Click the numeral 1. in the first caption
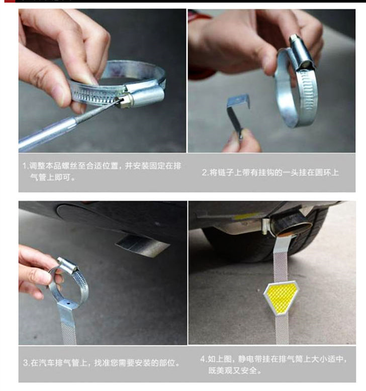pyautogui.click(x=26, y=166)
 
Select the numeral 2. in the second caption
pyautogui.click(x=205, y=173)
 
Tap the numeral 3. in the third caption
pyautogui.click(x=27, y=362)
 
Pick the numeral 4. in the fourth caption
pyautogui.click(x=204, y=359)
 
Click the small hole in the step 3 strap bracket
pyautogui.click(x=68, y=304)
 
